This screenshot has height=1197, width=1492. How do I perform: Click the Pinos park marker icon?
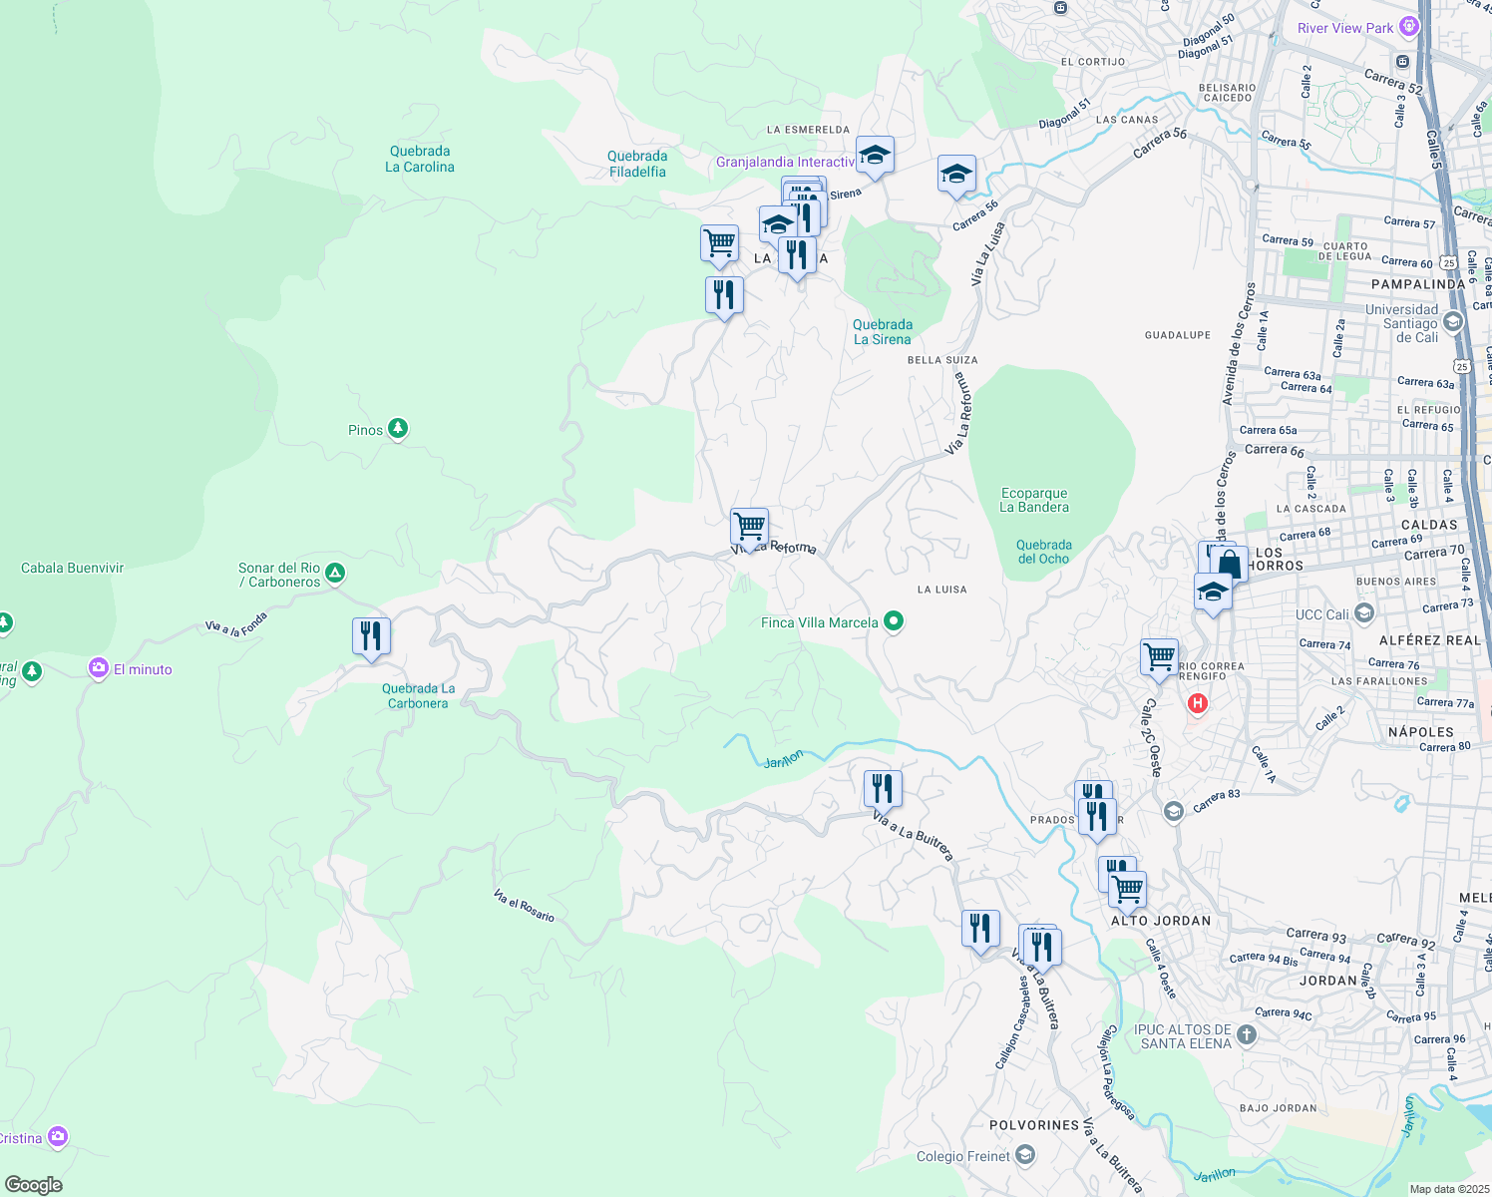point(398,429)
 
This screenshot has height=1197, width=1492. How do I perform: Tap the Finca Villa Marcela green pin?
point(894,621)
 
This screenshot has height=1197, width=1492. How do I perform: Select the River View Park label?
point(1344,28)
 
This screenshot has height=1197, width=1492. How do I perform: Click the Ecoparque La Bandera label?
point(1034,500)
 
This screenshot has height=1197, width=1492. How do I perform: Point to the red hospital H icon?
point(1197,704)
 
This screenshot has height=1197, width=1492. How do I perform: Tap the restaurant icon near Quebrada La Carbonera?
point(371,636)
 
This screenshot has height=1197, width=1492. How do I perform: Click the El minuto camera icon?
point(99,668)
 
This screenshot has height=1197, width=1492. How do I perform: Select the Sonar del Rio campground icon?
point(336,573)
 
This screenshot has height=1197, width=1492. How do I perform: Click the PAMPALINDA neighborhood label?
point(1418,284)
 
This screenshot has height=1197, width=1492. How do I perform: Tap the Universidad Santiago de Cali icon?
point(1452,321)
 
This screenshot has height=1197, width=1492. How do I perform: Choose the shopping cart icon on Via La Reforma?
point(749,526)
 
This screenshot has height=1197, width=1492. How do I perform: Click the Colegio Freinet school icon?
point(1025,1155)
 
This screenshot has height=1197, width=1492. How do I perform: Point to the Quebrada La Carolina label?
point(420,160)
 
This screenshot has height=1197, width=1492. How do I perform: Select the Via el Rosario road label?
point(524,906)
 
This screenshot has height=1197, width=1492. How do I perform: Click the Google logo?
point(34,1184)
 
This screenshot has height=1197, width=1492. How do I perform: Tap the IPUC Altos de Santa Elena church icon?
point(1247,1035)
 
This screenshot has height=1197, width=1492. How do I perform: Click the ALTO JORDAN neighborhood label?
point(1161,921)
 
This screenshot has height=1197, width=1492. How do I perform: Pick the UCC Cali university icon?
point(1364,613)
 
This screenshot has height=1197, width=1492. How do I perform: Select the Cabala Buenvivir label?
point(73,569)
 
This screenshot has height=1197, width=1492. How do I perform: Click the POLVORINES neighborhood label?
point(1034,1125)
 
